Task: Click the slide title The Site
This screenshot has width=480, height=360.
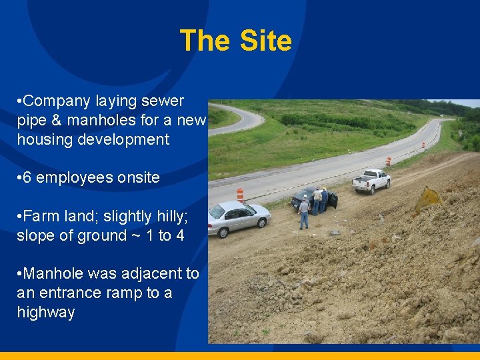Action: coord(235,41)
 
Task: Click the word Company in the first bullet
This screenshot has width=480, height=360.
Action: coord(59,101)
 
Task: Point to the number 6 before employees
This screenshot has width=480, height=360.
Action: coord(27,178)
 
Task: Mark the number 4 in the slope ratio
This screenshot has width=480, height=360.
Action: coord(180,235)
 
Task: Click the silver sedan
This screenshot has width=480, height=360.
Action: coord(238,217)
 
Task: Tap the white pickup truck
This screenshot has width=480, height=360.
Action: coord(371,180)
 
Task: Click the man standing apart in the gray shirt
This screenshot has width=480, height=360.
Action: coord(304,212)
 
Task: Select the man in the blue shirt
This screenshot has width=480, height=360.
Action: coord(324,199)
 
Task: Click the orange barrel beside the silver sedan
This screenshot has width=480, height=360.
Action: coord(240,195)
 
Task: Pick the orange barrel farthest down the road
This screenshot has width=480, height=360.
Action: coord(423,144)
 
